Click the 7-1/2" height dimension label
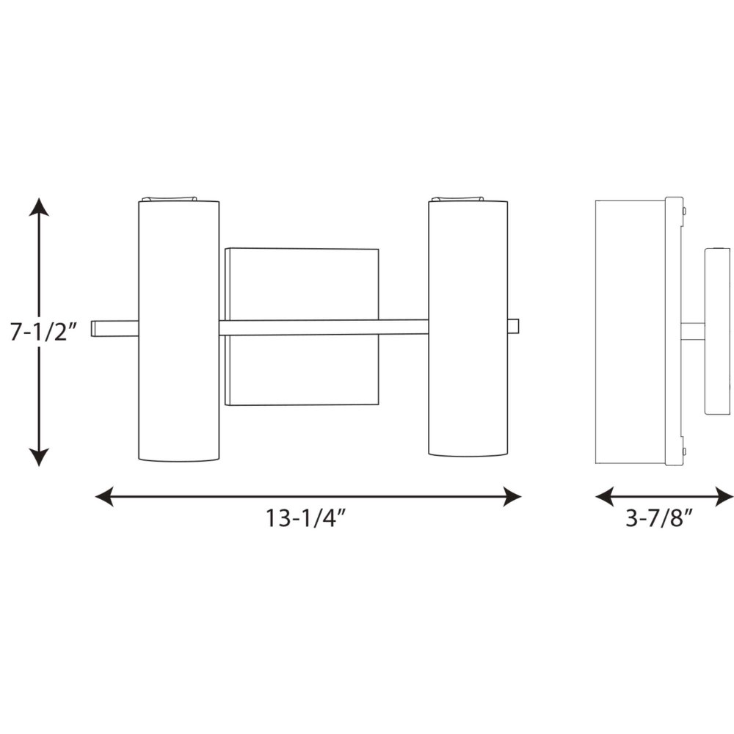tap(43, 332)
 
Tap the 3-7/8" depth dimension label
tap(658, 517)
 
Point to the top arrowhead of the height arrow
tap(39, 207)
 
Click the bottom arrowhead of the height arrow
tap(39, 457)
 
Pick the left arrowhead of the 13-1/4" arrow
tap(104, 496)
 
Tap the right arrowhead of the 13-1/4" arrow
tap(512, 496)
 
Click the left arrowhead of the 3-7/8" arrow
tap(604, 496)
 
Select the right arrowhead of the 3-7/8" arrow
tap(724, 496)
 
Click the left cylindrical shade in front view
tap(179, 331)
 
